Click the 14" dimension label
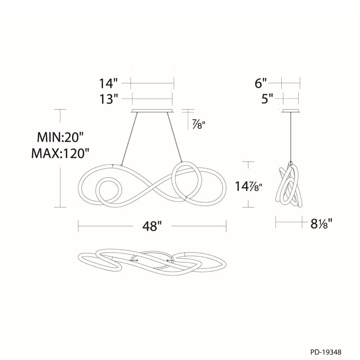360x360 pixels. (x=108, y=83)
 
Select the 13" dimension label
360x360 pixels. (x=108, y=99)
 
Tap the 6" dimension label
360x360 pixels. (x=261, y=83)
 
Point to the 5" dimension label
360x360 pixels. (x=268, y=99)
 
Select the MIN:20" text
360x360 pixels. (x=60, y=138)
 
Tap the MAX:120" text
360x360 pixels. (x=60, y=153)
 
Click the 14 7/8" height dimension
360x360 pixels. (x=248, y=186)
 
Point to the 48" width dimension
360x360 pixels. (x=152, y=226)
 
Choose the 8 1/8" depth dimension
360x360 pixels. (x=321, y=224)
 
